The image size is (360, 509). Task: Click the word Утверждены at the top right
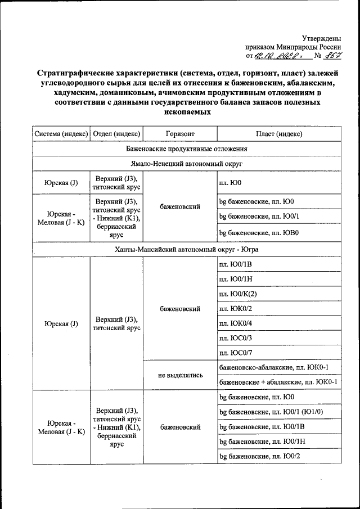pos(322,37)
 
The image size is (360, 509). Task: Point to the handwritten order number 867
pos(336,56)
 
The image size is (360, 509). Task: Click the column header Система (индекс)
pos(61,134)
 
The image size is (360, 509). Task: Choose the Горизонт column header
pos(180,134)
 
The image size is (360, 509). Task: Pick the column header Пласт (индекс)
pos(278,134)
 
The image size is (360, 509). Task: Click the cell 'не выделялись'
pos(180,375)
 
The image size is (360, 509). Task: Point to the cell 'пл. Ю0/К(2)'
pos(240,294)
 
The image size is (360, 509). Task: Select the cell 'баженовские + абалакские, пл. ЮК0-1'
pos(278,382)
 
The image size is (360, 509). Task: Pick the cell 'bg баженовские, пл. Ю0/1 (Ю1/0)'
pos(271,412)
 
